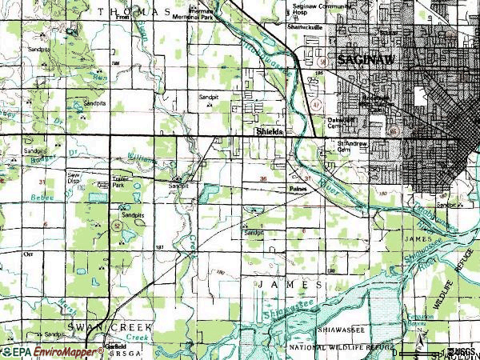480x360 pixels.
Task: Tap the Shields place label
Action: (x=268, y=130)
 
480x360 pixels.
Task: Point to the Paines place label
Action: (x=297, y=189)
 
